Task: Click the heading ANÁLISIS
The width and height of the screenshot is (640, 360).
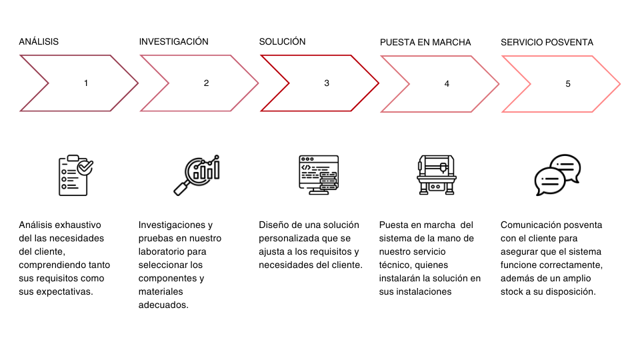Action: [x=39, y=41]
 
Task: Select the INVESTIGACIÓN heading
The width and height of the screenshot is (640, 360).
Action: [x=173, y=41]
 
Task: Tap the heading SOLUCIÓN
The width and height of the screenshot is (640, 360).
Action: [x=282, y=41]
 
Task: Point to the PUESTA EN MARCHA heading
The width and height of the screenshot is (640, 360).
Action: [x=425, y=43]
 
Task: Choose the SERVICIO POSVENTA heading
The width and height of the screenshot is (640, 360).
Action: [x=547, y=43]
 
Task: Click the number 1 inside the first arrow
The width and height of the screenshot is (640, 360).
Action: [x=86, y=83]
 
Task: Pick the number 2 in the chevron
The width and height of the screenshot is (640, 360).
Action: [x=206, y=83]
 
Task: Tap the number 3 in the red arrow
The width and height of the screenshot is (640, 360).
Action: [x=327, y=83]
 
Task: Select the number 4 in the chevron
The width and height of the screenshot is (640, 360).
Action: [x=447, y=84]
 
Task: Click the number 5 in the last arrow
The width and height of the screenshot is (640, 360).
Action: [x=568, y=84]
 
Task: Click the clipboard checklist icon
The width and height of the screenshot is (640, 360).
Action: [x=75, y=175]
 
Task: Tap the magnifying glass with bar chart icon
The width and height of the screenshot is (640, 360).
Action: [x=197, y=175]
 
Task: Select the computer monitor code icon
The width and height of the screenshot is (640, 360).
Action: [x=319, y=175]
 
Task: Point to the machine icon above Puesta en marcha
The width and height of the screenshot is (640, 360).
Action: [x=436, y=175]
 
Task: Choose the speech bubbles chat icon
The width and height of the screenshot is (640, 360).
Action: [x=557, y=175]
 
